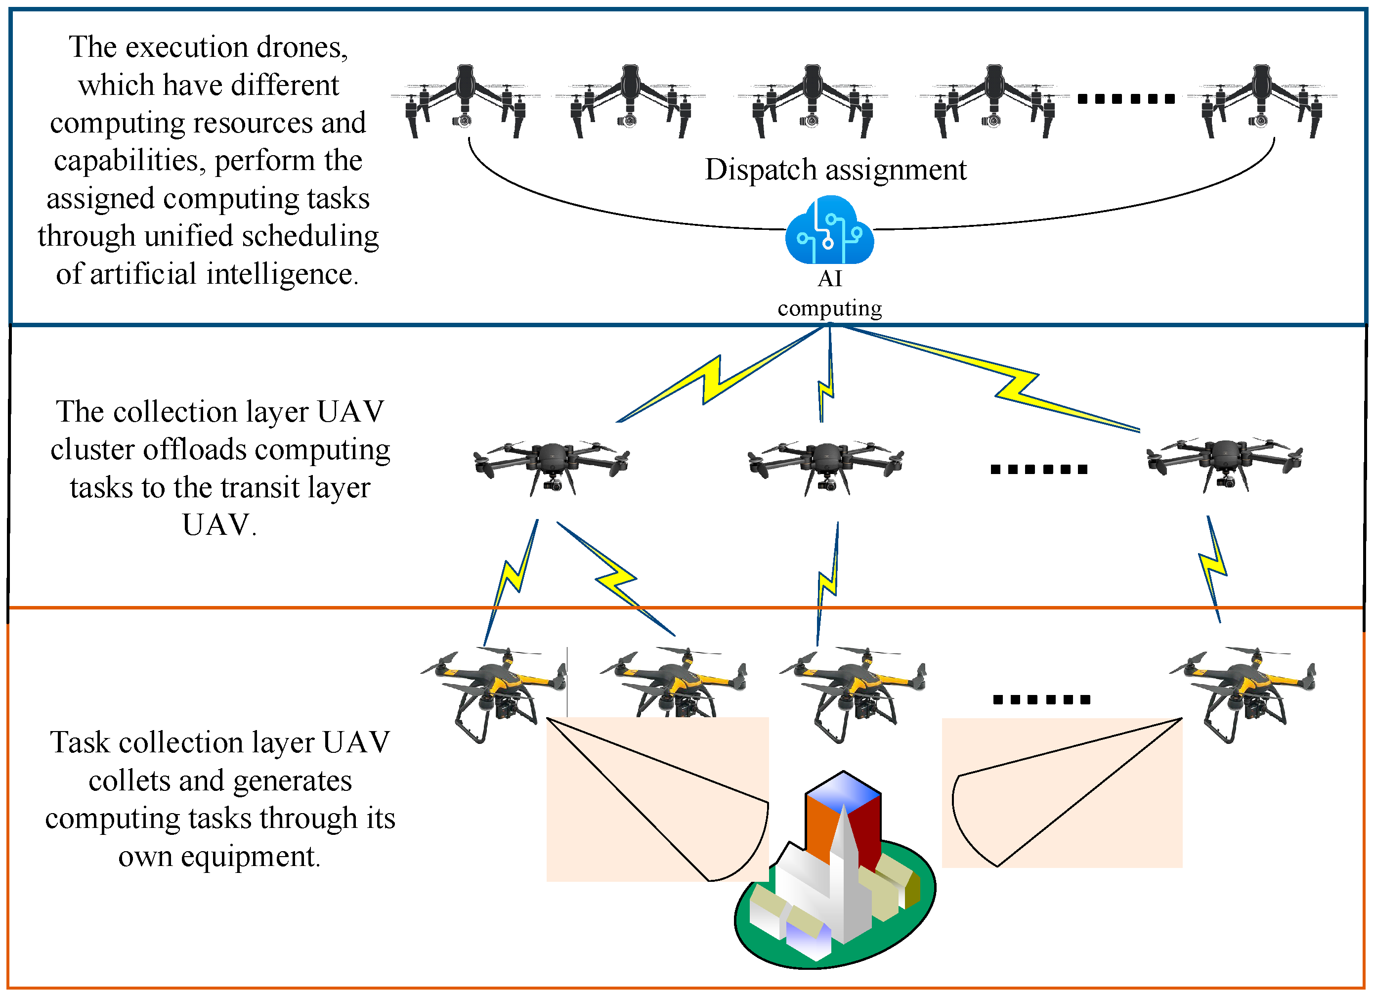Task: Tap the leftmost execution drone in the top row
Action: [x=465, y=100]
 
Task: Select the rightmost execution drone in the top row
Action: [x=1261, y=100]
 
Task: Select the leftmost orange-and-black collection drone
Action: [x=494, y=691]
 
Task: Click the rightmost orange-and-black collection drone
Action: [x=1242, y=691]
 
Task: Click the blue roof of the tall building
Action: [x=843, y=790]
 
